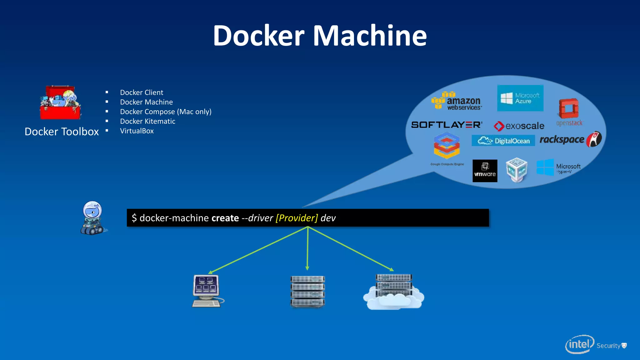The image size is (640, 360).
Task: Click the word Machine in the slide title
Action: coord(370,36)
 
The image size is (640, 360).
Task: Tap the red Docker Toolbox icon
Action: coord(60,102)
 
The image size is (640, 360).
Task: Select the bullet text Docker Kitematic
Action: coord(147,121)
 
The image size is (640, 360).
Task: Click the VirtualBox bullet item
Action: coord(137,131)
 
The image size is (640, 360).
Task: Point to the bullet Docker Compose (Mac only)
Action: coord(166,112)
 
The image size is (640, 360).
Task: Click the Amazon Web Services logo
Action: coord(457,101)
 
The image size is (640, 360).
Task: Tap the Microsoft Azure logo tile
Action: coord(520,98)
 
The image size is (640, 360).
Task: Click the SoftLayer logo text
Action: coord(447,125)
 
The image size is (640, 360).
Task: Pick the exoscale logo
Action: coord(519,126)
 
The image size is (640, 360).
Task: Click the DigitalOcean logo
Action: coord(503,141)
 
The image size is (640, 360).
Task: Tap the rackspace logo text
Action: coord(562,139)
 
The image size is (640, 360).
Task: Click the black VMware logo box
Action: coord(485,171)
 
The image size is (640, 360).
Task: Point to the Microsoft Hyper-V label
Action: coord(568,168)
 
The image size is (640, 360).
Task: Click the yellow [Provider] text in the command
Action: coord(297,218)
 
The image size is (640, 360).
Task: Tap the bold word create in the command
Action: coord(225,218)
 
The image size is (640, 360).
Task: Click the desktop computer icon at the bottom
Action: coord(207,291)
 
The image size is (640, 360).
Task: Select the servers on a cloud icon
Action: coord(394,292)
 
